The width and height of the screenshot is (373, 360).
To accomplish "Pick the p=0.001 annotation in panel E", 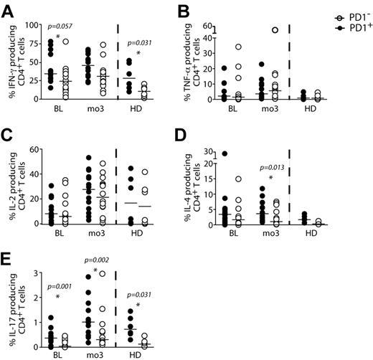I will coord(57,286).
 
